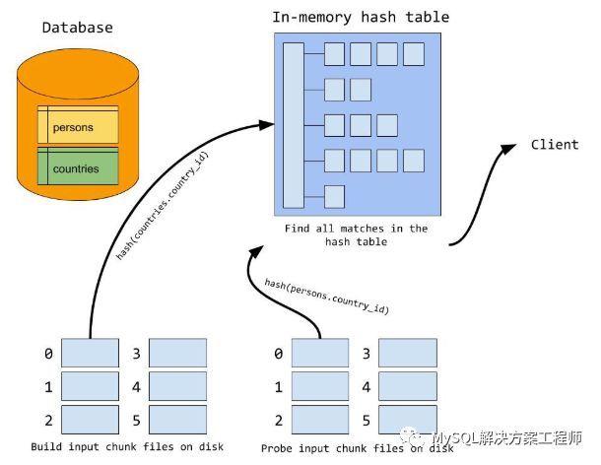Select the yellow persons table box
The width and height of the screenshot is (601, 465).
coord(77,126)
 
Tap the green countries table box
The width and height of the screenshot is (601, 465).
coord(77,167)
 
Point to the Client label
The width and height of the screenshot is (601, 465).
coord(555,145)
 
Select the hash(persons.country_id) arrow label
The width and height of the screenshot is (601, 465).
coord(326,296)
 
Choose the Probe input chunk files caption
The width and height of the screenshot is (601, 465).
coord(358,448)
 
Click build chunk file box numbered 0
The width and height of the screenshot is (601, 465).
coord(90,353)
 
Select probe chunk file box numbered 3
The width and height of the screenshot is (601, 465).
coord(407,353)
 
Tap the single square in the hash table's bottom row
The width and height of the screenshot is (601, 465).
coord(334,195)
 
